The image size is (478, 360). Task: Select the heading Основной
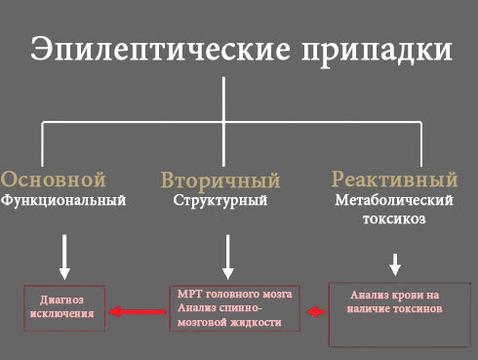pyautogui.click(x=54, y=180)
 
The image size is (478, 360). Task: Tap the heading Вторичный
pyautogui.click(x=220, y=180)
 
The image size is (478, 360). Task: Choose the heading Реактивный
pyautogui.click(x=394, y=180)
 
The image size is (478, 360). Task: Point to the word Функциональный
pyautogui.click(x=63, y=201)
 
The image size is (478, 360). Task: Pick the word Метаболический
pyautogui.click(x=395, y=201)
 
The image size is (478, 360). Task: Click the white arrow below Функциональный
pyautogui.click(x=65, y=258)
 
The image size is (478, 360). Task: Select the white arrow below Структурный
pyautogui.click(x=227, y=257)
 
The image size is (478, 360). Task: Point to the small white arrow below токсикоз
pyautogui.click(x=395, y=263)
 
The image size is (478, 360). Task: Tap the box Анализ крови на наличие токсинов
pyautogui.click(x=394, y=314)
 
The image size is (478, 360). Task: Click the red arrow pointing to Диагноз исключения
pyautogui.click(x=136, y=312)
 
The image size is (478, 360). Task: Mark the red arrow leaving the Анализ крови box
pyautogui.click(x=316, y=312)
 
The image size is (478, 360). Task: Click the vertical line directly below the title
pyautogui.click(x=225, y=98)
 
